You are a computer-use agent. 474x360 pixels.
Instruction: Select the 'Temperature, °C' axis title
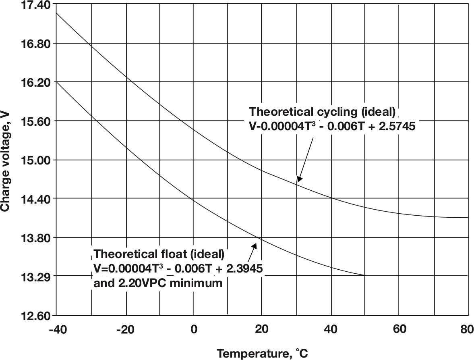(x=263, y=354)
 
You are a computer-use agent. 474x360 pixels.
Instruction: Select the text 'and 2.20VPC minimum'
(x=158, y=283)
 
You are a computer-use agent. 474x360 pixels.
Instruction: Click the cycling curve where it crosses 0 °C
(x=194, y=129)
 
